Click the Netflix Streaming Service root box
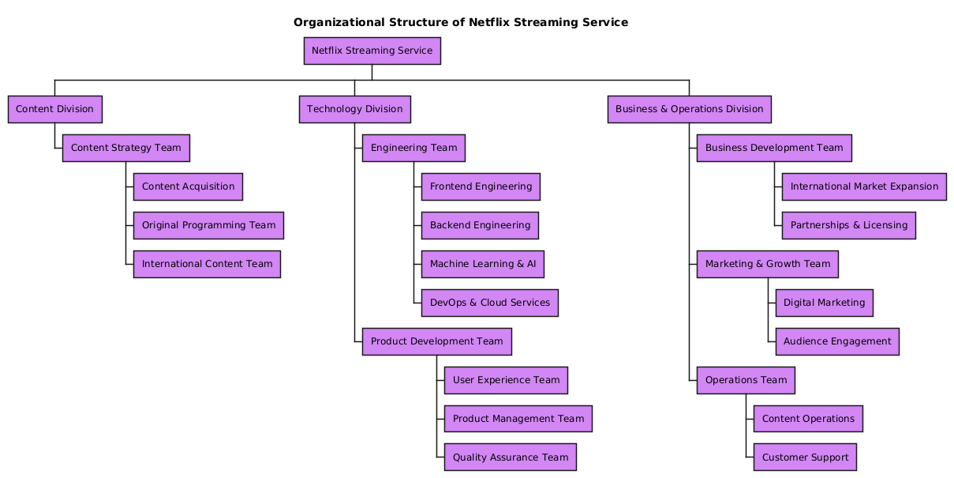(372, 51)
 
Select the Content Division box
(54, 109)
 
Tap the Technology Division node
(354, 109)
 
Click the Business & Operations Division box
(689, 109)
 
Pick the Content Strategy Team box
(125, 148)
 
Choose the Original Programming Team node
(208, 225)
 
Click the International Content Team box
(207, 264)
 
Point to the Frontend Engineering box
(481, 186)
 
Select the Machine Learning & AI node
(482, 264)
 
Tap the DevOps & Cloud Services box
(489, 303)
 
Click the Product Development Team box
(436, 341)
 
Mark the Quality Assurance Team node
(510, 457)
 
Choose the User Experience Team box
(506, 380)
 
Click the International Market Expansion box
(864, 186)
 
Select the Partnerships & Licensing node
(848, 225)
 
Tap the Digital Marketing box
(824, 303)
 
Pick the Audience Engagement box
(837, 341)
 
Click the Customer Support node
(805, 457)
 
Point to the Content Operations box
(808, 419)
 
